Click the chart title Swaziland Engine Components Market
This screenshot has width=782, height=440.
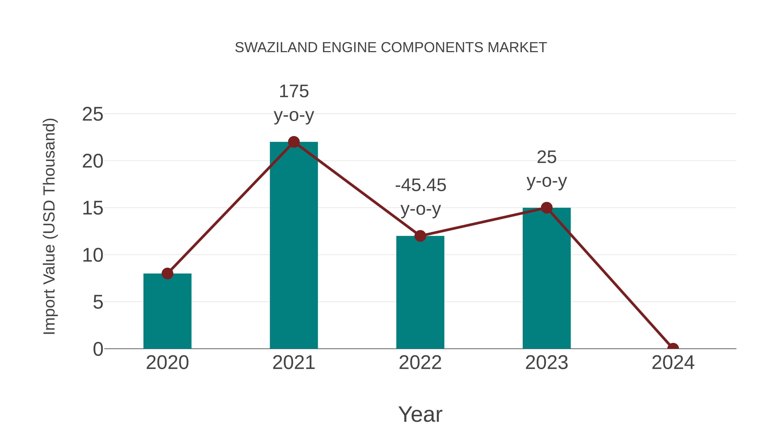pos(391,48)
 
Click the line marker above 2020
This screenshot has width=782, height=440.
pos(167,274)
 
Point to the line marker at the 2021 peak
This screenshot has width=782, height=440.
pos(293,142)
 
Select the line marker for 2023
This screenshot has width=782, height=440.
pos(547,208)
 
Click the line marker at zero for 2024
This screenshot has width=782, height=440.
pos(673,348)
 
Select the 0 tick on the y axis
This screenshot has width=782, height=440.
pos(98,349)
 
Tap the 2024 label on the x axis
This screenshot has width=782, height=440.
pos(673,363)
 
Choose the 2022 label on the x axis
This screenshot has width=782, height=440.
pos(420,363)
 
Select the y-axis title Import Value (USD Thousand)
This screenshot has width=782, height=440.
pos(49,227)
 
